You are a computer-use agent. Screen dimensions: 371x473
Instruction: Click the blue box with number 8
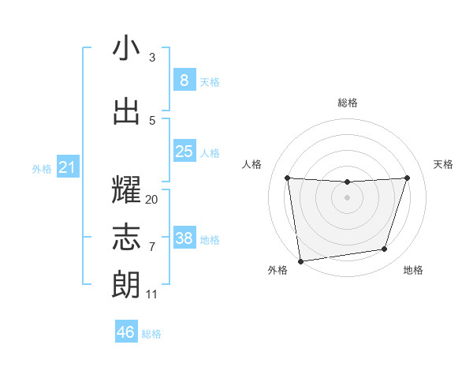coord(184,81)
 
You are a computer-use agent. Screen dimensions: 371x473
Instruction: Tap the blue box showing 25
coord(184,152)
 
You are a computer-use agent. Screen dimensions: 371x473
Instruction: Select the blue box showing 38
coord(184,239)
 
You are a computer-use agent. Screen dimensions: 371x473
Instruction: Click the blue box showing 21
coord(67,167)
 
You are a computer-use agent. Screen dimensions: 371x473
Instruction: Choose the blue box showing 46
coord(126,332)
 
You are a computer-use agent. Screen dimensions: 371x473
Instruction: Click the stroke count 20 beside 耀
coord(151,200)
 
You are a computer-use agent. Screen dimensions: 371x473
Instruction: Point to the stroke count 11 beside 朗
coord(151,294)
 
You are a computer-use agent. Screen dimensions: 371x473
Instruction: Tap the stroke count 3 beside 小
coord(152,58)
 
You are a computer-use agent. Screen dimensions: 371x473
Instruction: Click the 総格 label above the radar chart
coord(347,103)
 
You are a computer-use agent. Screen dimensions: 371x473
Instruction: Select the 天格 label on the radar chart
coord(443,164)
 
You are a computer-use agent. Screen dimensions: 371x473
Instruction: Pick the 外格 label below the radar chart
coord(277,270)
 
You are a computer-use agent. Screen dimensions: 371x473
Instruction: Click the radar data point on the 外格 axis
coord(300,260)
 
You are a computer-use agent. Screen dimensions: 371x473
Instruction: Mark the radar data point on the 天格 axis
coord(407,178)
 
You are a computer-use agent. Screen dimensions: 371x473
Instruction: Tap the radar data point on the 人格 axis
coord(287,178)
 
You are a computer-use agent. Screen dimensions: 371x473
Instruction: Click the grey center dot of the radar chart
coord(347,197)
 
